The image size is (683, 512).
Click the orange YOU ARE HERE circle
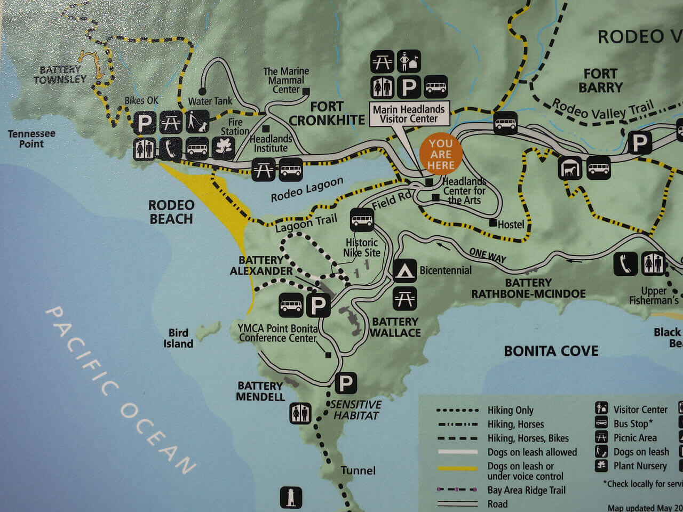coord(440,154)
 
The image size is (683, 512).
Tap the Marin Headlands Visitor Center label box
coord(409,114)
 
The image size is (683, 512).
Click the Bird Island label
coord(178,338)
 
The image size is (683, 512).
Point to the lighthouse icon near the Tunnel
coord(291,497)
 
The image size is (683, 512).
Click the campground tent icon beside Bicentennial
coord(404,270)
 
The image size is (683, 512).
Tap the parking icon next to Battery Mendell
coord(345,383)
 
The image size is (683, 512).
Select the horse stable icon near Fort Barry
coord(570,169)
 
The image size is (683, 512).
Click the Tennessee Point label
coord(31,139)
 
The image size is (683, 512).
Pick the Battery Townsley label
coord(60,74)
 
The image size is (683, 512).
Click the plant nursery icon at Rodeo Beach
coord(223,149)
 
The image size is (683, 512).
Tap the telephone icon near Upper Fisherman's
coord(625,263)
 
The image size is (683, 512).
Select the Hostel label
coord(511,225)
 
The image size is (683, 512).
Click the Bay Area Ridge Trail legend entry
coord(526,490)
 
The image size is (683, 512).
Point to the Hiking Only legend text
coord(510,410)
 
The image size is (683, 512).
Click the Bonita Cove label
coord(551,351)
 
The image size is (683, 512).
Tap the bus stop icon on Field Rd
coord(362,219)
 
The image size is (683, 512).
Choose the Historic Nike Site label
coord(362,247)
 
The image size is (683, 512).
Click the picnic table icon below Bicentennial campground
coord(404,299)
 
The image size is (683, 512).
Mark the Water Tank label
coord(210,101)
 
